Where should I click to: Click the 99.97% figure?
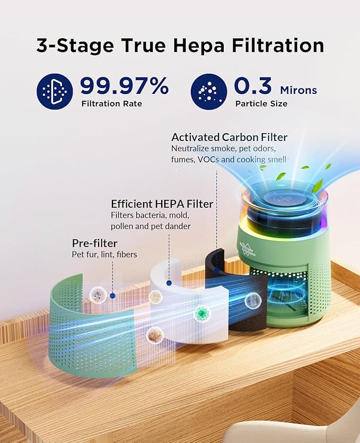(124, 86)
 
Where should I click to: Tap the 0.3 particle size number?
(253, 86)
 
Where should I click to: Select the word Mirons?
(298, 90)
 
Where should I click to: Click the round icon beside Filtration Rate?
(55, 91)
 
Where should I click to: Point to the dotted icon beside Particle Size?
(208, 91)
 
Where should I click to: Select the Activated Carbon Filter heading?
(229, 137)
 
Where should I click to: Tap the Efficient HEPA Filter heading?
(162, 204)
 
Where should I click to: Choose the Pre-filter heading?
(94, 243)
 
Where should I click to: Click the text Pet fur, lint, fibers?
(104, 255)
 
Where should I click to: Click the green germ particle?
(201, 313)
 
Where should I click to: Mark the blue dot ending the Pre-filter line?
(112, 295)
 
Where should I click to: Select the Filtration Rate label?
(111, 103)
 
